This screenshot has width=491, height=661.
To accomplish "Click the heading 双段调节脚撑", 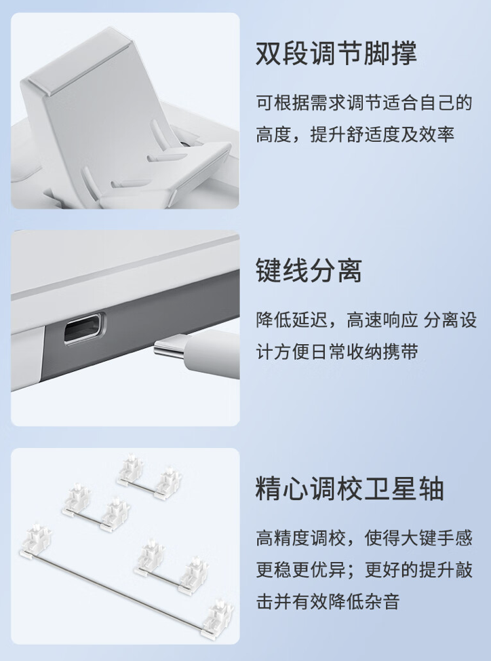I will pyautogui.click(x=336, y=54).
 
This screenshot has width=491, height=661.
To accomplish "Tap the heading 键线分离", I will pyautogui.click(x=309, y=271).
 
